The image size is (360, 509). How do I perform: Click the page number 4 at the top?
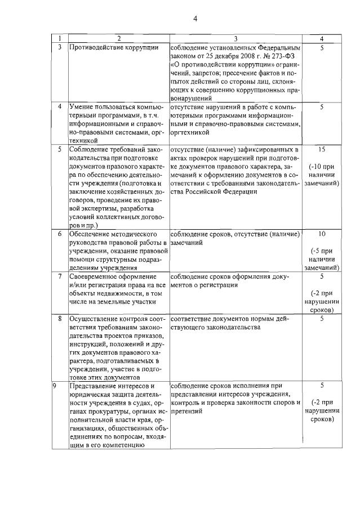pos(195,18)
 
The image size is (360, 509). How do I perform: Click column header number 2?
pos(119,39)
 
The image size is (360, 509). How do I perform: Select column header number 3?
pos(236,39)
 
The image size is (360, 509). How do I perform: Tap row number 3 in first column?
pos(60,48)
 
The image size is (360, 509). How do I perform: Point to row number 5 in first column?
pos(60,150)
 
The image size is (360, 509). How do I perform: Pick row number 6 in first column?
pos(60,234)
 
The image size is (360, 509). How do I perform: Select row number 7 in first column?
pos(60,276)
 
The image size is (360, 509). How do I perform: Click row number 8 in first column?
pos(60,319)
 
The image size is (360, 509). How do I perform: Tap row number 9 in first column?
pos(55,386)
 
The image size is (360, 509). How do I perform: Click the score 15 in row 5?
pos(321,150)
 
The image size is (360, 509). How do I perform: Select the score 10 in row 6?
pos(321,234)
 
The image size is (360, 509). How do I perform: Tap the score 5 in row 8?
pos(321,319)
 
